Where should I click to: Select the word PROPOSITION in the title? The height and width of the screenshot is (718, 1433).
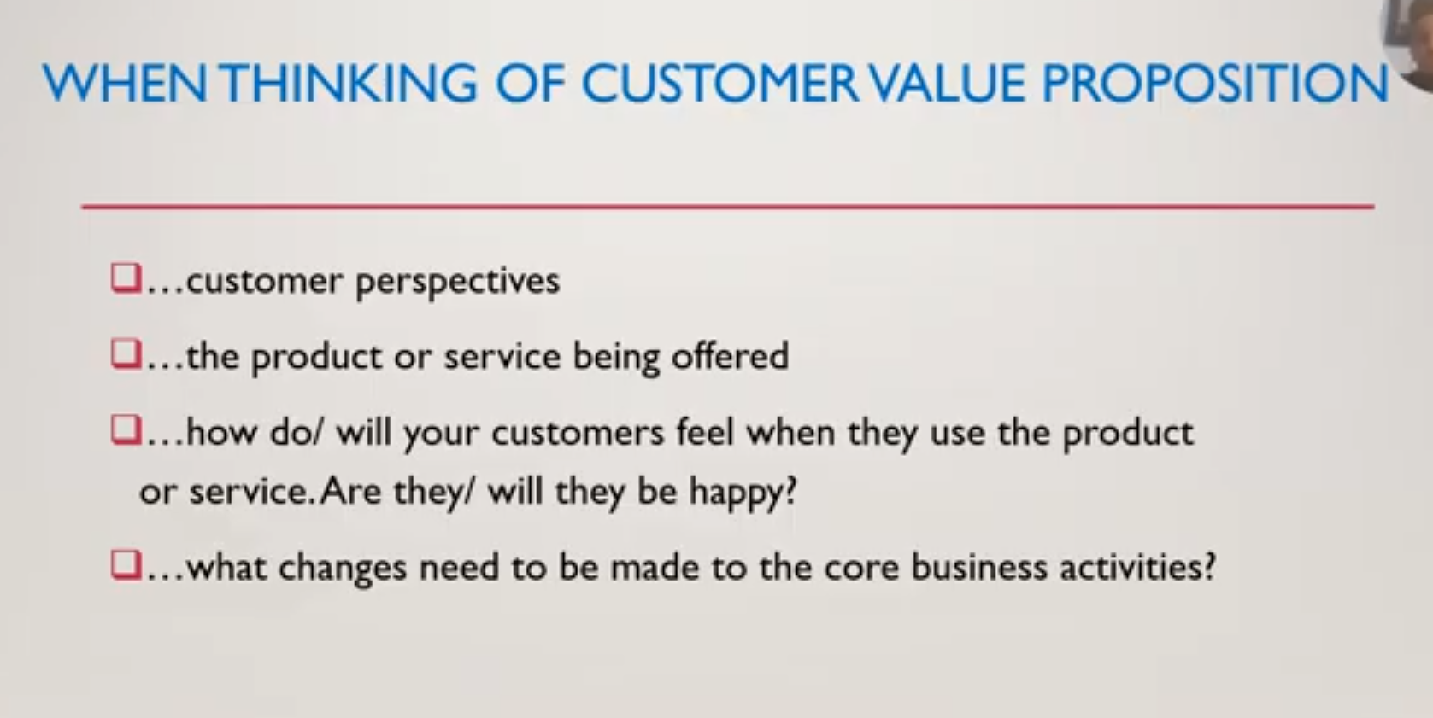coord(1215,83)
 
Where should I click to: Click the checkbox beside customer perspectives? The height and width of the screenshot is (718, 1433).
coord(126,278)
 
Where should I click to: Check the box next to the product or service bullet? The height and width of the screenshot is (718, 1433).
coord(126,354)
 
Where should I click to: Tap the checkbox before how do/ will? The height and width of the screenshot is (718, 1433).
coord(126,429)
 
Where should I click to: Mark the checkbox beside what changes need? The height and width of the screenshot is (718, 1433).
coord(126,565)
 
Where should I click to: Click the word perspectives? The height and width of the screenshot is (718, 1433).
coord(457,283)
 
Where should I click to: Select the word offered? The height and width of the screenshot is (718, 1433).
coord(730,356)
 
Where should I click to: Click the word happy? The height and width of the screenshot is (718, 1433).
coord(743,493)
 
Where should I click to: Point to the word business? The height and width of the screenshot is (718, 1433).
coord(978,567)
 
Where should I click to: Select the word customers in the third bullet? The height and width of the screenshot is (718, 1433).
coord(578,434)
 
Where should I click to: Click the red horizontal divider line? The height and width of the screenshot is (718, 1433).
coord(728,207)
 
